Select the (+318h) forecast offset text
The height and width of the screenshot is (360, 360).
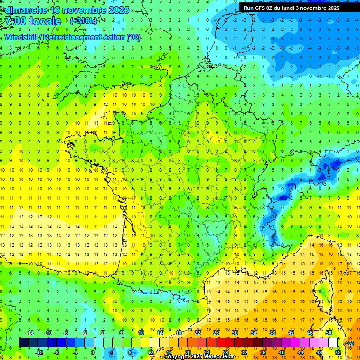pyautogui.click(x=84, y=21)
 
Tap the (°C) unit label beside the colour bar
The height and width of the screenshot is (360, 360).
pyautogui.click(x=349, y=343)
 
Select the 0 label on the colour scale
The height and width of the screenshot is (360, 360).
pyautogui.click(x=93, y=352)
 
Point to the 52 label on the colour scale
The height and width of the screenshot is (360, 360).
pyautogui.click(x=337, y=352)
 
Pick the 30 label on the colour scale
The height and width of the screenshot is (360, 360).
pyautogui.click(x=234, y=333)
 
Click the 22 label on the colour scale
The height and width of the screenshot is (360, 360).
pyautogui.click(x=197, y=333)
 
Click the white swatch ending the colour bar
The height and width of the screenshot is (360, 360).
pyautogui.click(x=333, y=343)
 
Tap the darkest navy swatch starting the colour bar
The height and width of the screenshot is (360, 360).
pyautogui.click(x=23, y=343)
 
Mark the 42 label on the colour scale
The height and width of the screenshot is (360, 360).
pyautogui.click(x=291, y=333)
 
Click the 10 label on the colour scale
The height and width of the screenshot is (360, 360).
pyautogui.click(x=141, y=333)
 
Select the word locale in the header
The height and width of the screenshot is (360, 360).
pyautogui.click(x=45, y=21)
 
